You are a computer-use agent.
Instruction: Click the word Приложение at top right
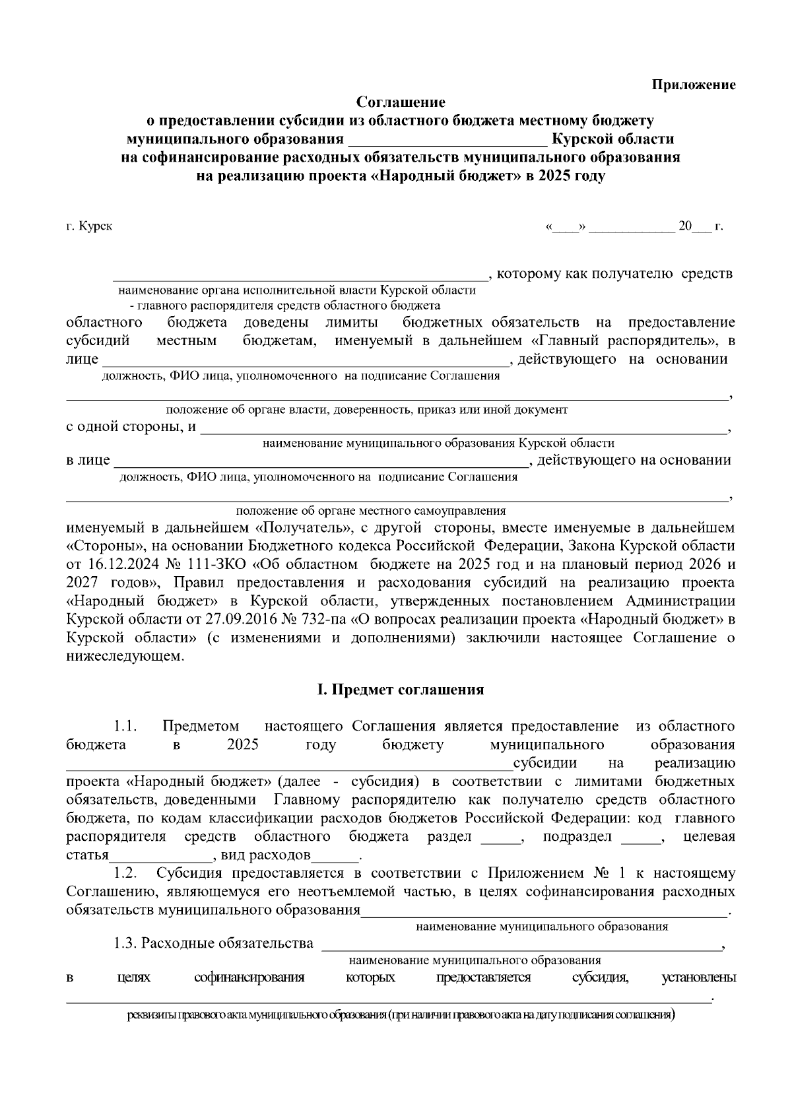pyautogui.click(x=694, y=84)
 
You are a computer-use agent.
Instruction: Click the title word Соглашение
pyautogui.click(x=401, y=102)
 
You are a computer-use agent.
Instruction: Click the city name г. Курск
pyautogui.click(x=89, y=226)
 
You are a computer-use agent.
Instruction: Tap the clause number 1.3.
pyautogui.click(x=124, y=943)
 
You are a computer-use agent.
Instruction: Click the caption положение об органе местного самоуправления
pyautogui.click(x=370, y=511)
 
